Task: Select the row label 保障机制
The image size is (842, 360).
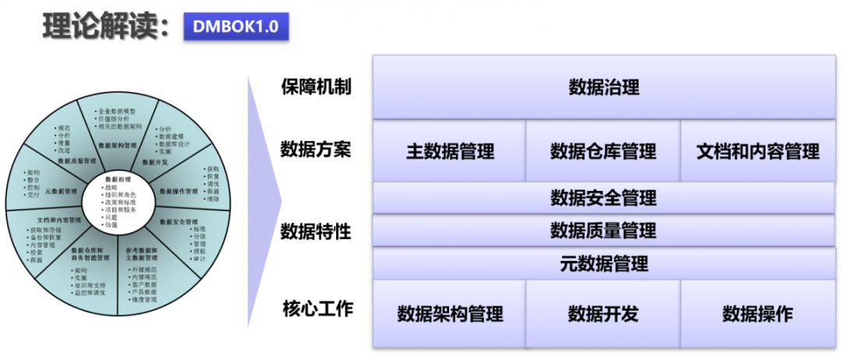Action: click(x=316, y=86)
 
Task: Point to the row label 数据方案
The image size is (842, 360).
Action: click(x=316, y=148)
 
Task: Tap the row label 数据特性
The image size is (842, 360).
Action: click(x=316, y=231)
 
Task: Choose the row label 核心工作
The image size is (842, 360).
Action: click(x=316, y=309)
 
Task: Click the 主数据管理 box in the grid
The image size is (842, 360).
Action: click(x=450, y=150)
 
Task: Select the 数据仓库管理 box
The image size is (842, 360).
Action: click(x=603, y=150)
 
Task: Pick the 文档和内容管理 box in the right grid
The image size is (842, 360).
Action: click(x=758, y=150)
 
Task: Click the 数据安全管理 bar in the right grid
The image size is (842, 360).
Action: click(x=603, y=198)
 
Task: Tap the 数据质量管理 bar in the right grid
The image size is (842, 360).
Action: click(x=603, y=231)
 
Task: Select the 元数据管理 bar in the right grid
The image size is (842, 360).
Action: click(x=603, y=263)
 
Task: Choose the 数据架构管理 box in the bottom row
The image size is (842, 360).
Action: click(x=450, y=313)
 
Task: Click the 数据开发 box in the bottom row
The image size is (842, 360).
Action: click(x=603, y=313)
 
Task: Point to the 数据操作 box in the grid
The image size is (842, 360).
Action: click(x=758, y=313)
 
